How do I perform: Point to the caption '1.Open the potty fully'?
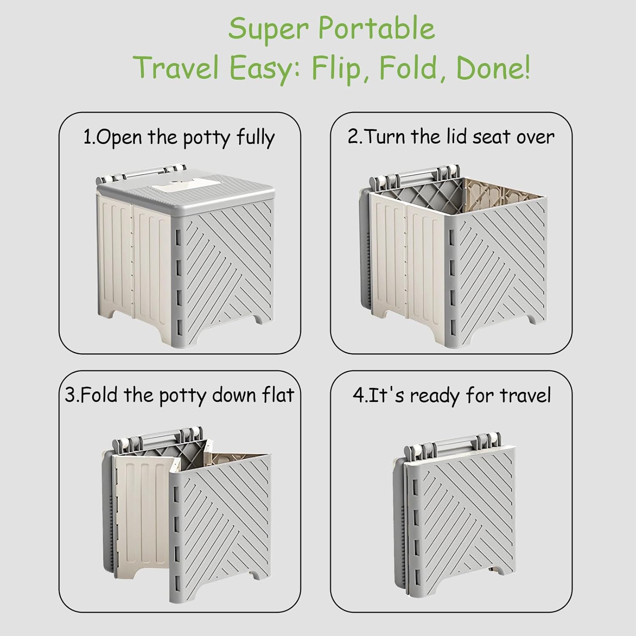click(x=179, y=137)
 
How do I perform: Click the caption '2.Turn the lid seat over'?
click(x=451, y=137)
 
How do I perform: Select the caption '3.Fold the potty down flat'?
click(x=179, y=395)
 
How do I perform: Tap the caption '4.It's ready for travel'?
click(x=452, y=395)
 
